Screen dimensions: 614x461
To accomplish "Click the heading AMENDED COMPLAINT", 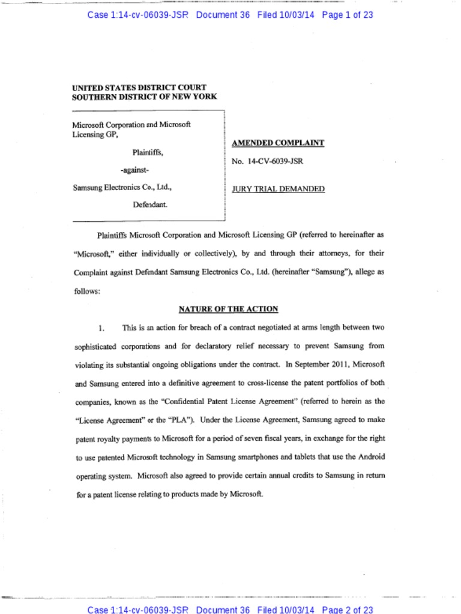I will (x=278, y=143).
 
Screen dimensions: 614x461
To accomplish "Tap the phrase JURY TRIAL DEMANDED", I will (x=278, y=189).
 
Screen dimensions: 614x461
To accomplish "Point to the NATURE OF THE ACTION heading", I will (x=228, y=309).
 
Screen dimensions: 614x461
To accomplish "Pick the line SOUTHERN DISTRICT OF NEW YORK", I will (x=144, y=97).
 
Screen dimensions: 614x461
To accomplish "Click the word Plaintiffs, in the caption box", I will (x=148, y=153).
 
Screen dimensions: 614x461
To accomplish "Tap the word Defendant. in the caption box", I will (x=150, y=204).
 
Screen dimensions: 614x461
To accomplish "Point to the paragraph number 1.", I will (x=101, y=328).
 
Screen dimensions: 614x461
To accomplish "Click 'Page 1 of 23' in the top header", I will (x=348, y=15).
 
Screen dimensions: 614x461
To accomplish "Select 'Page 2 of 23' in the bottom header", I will (x=348, y=610).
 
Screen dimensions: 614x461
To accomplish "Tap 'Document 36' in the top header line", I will (x=223, y=15).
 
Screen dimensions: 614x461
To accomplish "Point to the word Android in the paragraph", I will (x=371, y=456).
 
